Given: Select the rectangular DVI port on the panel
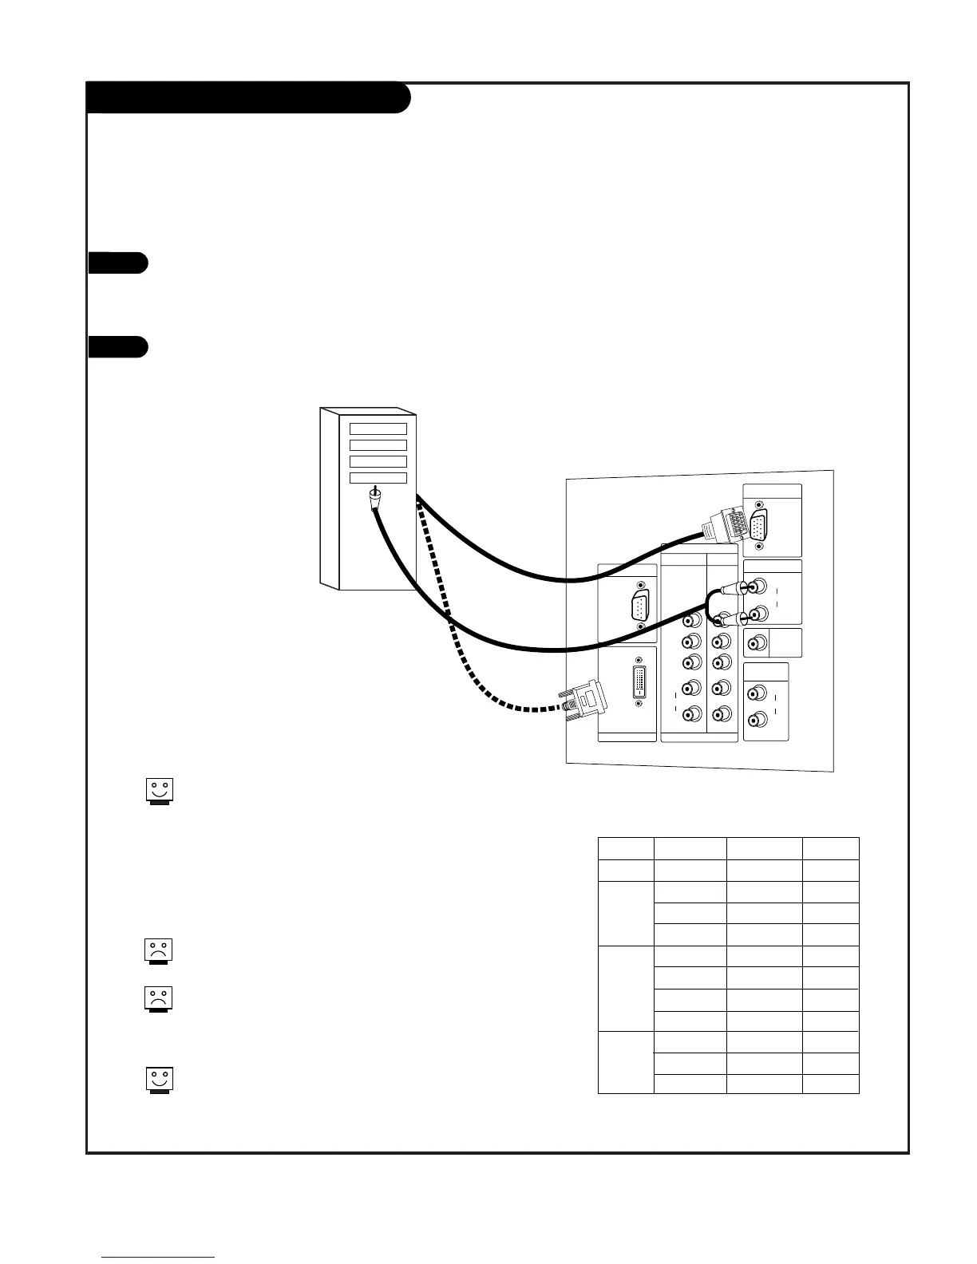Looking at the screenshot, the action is (639, 682).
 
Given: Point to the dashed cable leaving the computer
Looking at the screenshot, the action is (451, 614).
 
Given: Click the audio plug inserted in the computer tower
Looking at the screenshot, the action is (374, 499).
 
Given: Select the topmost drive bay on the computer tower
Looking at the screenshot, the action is (378, 429).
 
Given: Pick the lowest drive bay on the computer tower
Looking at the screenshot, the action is (378, 478).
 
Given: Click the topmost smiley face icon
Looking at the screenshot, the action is (160, 791).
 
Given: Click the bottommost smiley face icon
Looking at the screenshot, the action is (160, 1080).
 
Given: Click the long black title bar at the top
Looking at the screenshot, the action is (247, 97).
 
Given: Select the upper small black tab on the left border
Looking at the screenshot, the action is (117, 263).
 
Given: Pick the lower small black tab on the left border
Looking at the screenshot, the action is (117, 348).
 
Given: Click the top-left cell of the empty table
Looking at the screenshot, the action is (626, 848).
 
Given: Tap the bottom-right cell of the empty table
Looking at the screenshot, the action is (831, 1084).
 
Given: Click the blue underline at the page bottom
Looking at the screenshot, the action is (158, 1257).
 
